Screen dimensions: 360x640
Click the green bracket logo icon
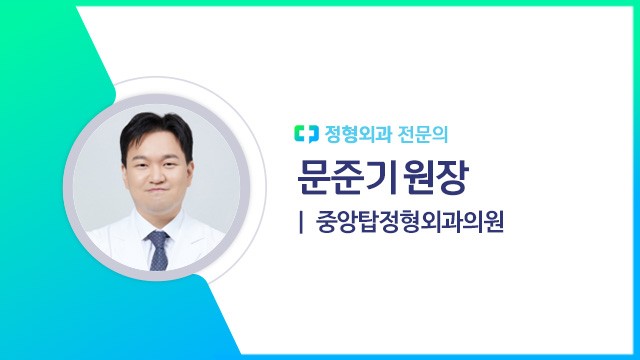(305, 132)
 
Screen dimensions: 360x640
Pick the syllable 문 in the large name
(316, 177)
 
